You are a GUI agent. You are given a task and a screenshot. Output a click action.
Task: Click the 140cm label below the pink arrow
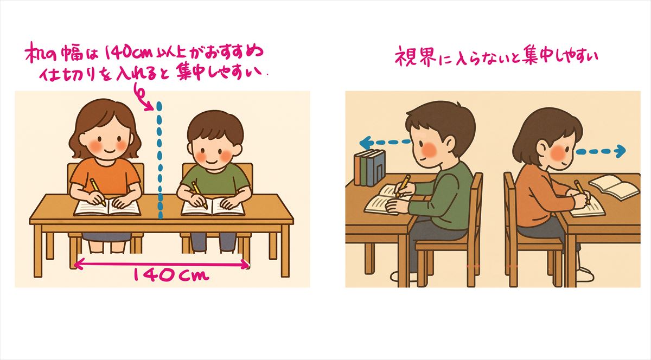tap(171, 275)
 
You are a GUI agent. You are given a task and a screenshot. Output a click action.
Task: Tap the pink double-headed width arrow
tap(162, 264)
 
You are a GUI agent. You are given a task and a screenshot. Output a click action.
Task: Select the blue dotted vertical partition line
tap(159, 160)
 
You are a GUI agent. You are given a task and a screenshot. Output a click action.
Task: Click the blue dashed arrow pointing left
tap(385, 143)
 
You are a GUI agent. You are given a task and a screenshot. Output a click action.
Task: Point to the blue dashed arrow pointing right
tap(601, 151)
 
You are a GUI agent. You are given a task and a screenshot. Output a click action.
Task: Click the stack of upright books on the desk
tap(369, 168)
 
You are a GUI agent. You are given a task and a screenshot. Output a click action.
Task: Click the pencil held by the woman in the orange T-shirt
tap(97, 192)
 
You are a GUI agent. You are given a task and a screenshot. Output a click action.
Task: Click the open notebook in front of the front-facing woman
tap(107, 207)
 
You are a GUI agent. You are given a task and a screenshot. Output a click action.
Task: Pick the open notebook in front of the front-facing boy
tap(213, 207)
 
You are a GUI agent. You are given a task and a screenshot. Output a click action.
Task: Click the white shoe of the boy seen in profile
tap(404, 277)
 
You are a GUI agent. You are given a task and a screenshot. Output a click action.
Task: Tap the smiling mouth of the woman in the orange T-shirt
tap(110, 151)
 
